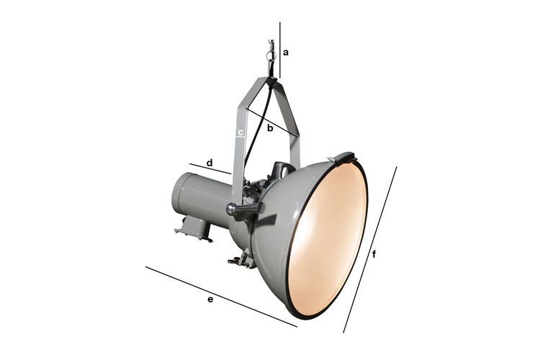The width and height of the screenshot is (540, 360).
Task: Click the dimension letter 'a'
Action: pyautogui.click(x=286, y=52)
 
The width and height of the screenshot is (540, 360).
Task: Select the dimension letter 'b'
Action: pyautogui.click(x=270, y=129)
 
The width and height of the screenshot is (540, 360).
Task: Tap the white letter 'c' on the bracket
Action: pyautogui.click(x=240, y=133)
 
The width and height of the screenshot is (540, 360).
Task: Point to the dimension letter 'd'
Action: pyautogui.click(x=210, y=163)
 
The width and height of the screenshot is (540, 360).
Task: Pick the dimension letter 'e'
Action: pyautogui.click(x=210, y=298)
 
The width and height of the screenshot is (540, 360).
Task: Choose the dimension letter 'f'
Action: pyautogui.click(x=374, y=254)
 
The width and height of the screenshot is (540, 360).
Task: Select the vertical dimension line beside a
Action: pyautogui.click(x=280, y=50)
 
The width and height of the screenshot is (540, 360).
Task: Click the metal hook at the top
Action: pyautogui.click(x=271, y=54)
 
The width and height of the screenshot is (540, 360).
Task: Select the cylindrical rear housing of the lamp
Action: pyautogui.click(x=198, y=198)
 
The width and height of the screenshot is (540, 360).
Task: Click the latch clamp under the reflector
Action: pyautogui.click(x=240, y=258)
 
